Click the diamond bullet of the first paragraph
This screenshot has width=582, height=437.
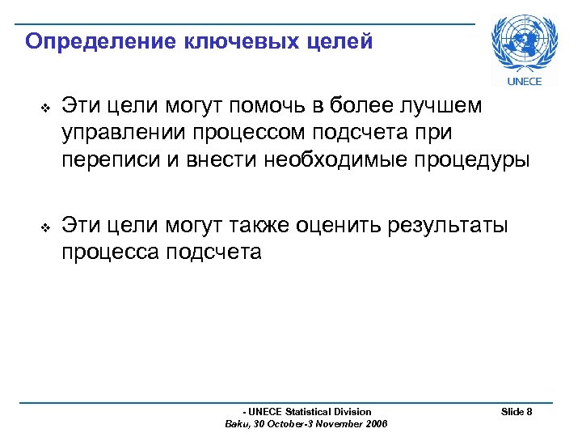pos(45,108)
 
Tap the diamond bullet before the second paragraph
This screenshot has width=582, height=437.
pos(45,228)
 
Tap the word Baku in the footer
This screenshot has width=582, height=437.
pos(239,424)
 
